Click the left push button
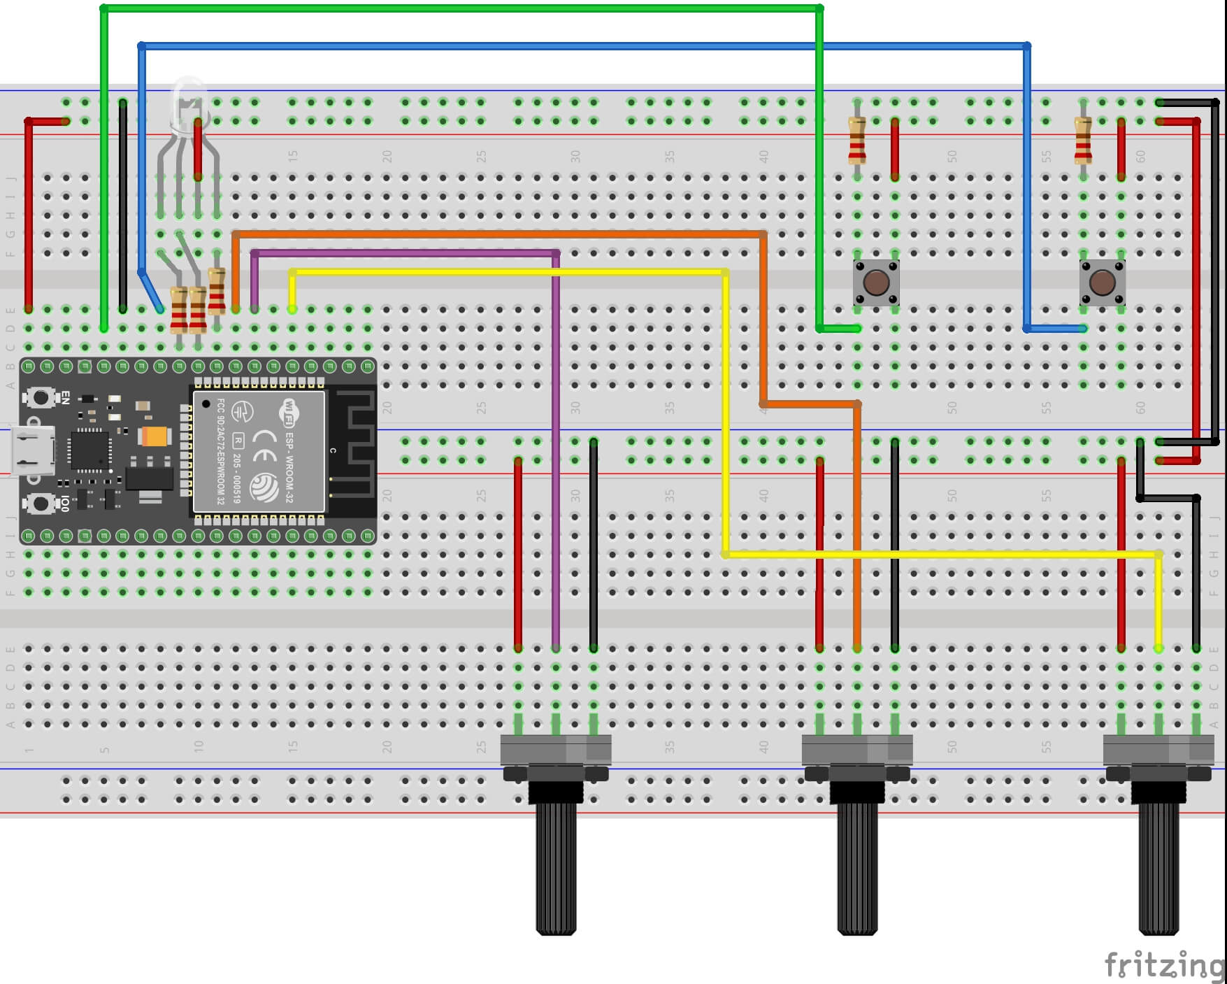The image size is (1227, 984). click(875, 282)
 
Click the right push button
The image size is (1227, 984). click(1102, 282)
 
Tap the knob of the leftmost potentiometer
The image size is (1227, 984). click(556, 867)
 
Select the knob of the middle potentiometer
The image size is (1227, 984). click(857, 867)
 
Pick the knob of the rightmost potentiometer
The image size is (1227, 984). click(1158, 867)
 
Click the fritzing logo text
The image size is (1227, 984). click(1163, 966)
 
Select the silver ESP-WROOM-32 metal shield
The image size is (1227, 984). click(259, 451)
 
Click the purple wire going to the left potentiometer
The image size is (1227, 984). click(556, 448)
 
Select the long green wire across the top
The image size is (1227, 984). click(461, 8)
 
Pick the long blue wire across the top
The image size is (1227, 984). click(580, 46)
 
